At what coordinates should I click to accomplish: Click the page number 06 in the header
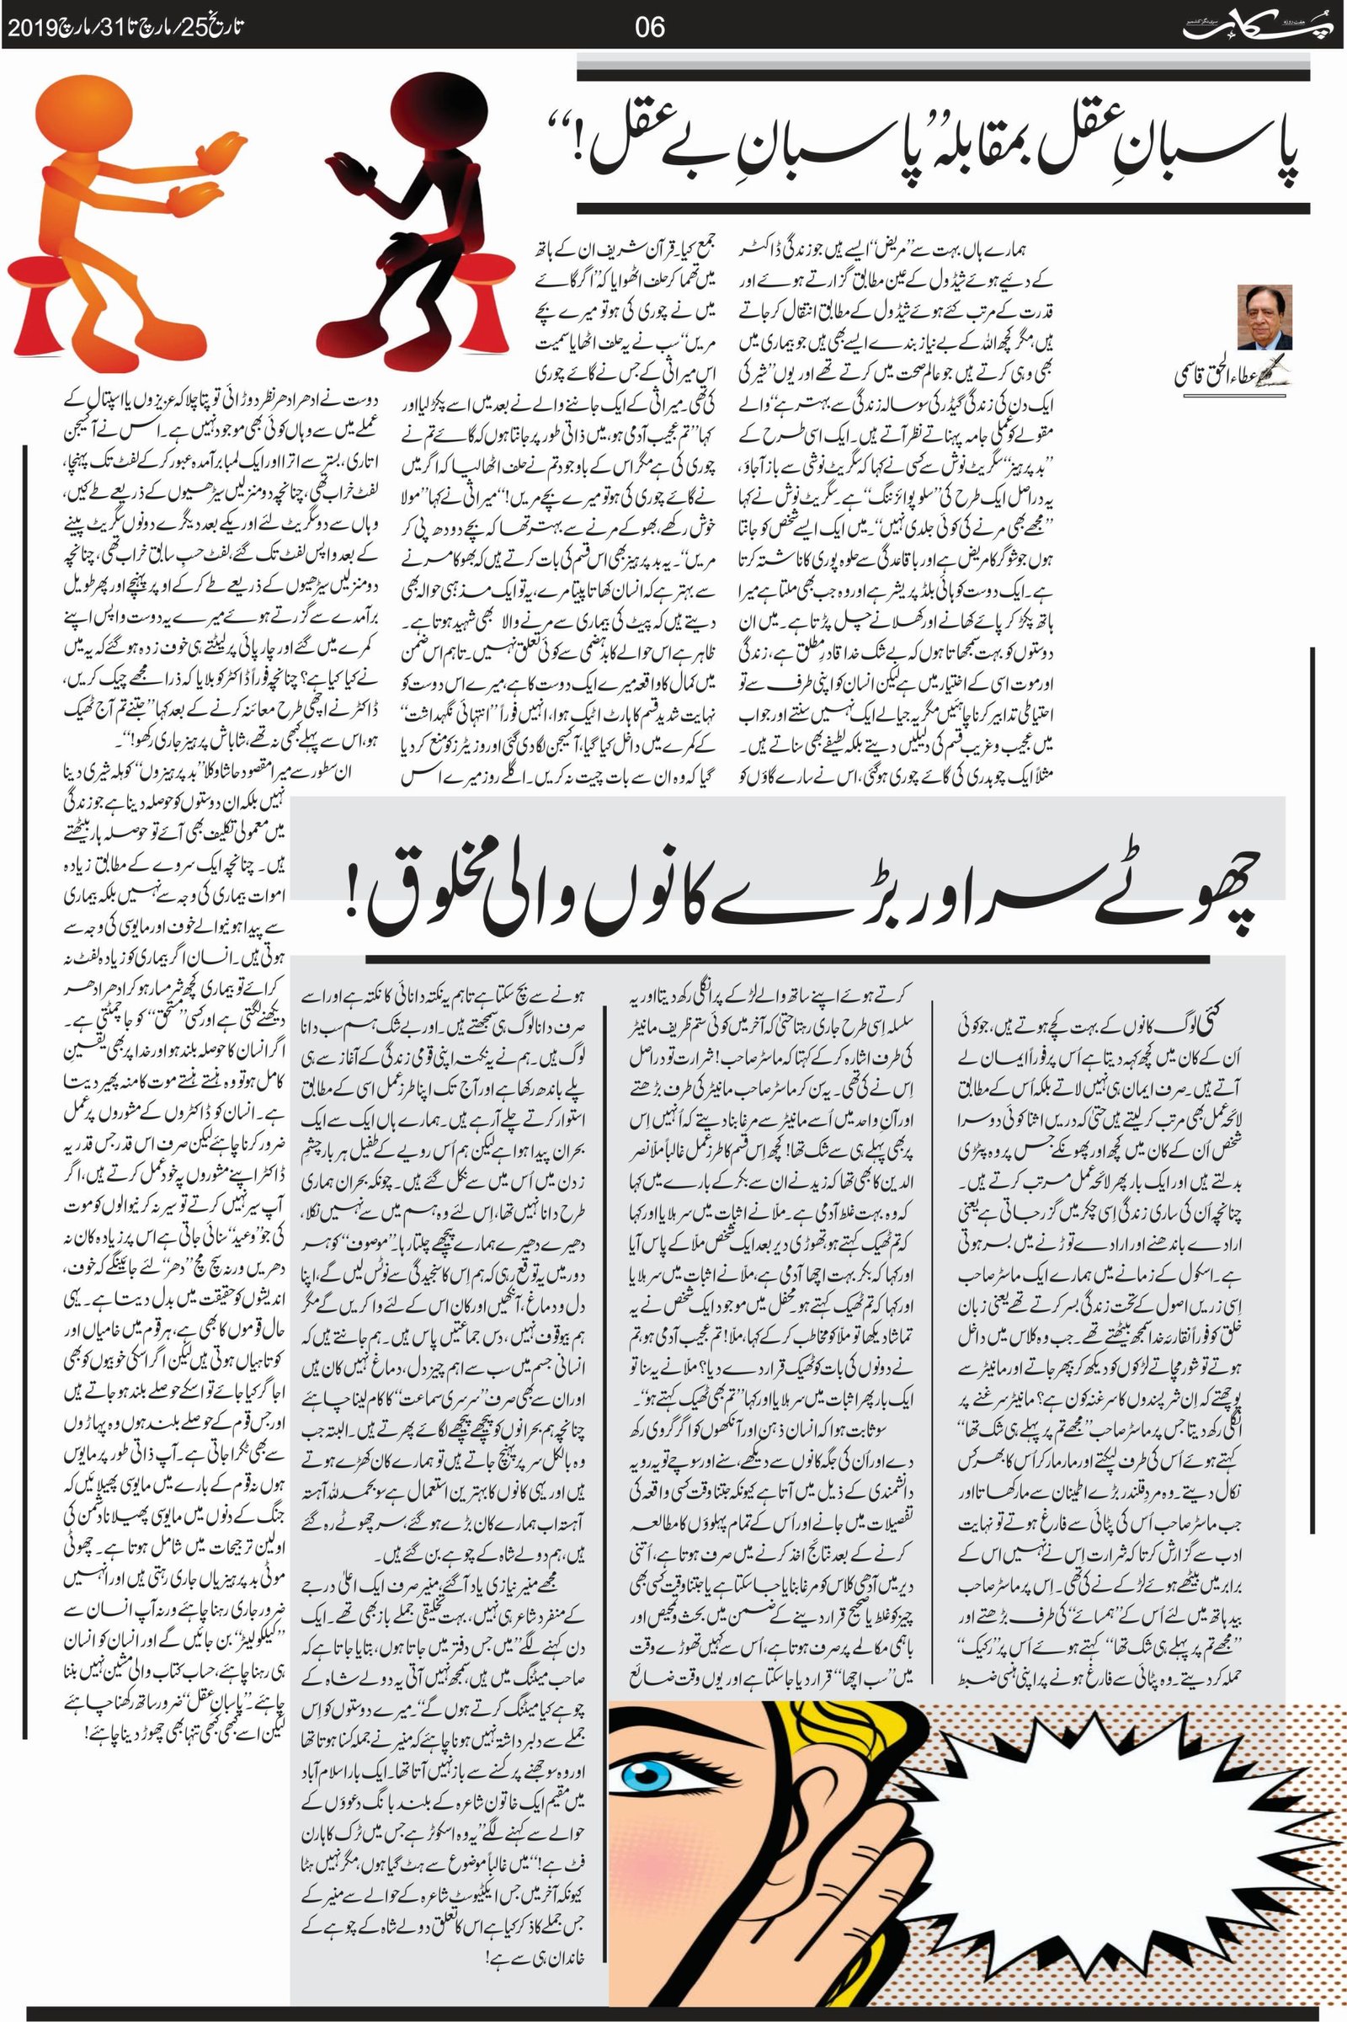coord(649,28)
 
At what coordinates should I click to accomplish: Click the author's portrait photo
coord(1264,317)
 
